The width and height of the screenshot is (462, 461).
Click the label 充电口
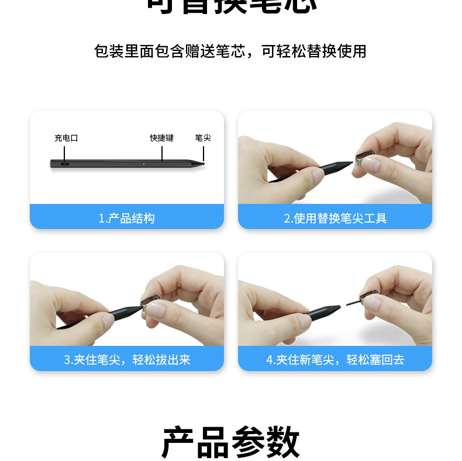click(66, 138)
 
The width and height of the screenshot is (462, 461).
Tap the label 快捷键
click(161, 138)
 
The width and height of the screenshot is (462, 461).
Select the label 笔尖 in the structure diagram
click(203, 138)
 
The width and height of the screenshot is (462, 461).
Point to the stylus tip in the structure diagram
click(203, 164)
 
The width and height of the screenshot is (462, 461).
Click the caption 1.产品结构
click(126, 219)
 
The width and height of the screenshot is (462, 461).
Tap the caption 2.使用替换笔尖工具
click(335, 219)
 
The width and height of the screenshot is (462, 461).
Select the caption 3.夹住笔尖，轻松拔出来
click(126, 360)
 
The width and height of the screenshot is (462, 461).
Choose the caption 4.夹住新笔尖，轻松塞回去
click(335, 360)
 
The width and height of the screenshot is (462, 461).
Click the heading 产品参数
click(230, 442)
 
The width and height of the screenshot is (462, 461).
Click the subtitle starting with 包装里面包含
click(230, 51)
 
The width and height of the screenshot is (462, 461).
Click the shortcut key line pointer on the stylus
click(161, 152)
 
